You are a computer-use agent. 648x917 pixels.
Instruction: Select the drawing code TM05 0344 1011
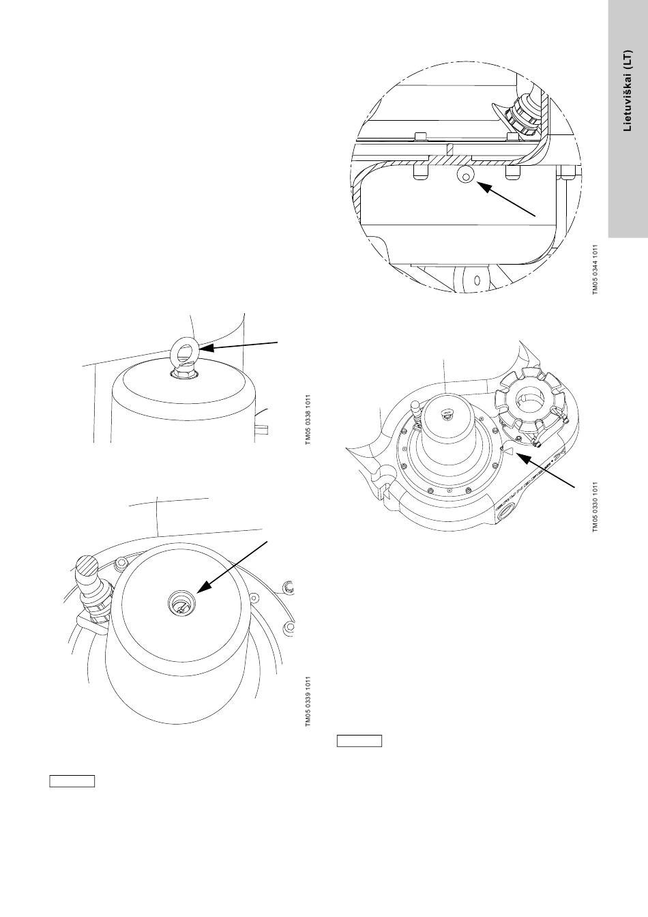(x=595, y=270)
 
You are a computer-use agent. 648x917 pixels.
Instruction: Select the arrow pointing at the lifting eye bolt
(x=242, y=345)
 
